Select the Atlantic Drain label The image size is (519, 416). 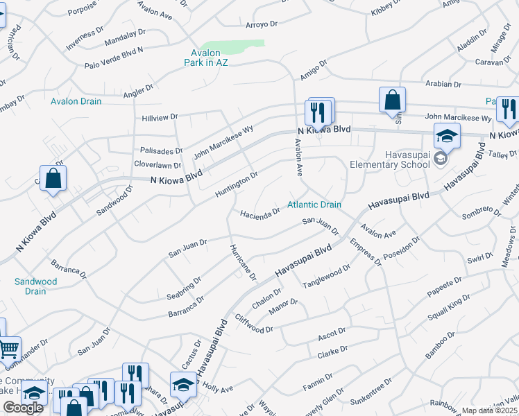pyautogui.click(x=315, y=205)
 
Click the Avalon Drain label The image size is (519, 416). pyautogui.click(x=76, y=101)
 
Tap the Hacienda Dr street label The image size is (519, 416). pyautogui.click(x=260, y=211)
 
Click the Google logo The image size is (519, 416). pyautogui.click(x=23, y=408)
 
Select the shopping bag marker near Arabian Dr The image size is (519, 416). pyautogui.click(x=392, y=98)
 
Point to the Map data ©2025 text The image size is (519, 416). pyautogui.click(x=490, y=410)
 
